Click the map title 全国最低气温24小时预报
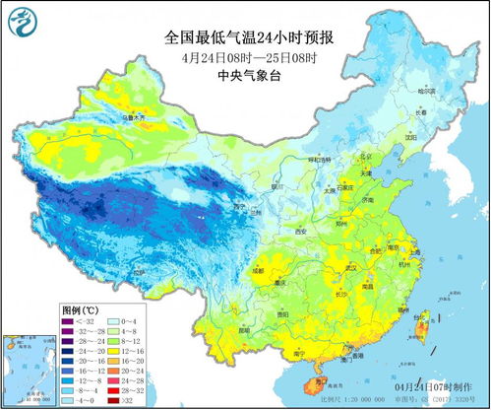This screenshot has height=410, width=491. point(249,38)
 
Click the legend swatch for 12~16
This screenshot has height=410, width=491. point(114,349)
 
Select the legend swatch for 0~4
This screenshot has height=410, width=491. point(114,321)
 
